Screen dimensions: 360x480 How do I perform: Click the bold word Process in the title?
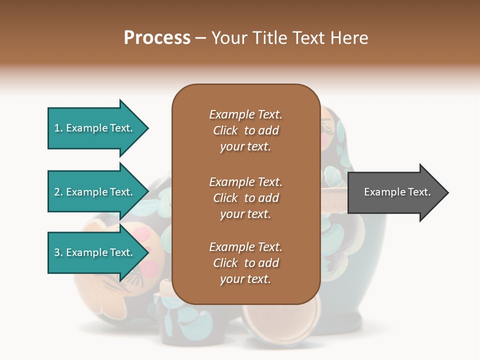tap(157, 38)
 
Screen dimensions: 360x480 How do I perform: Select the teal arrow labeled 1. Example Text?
tap(95, 128)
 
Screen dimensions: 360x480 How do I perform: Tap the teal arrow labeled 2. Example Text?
tap(95, 192)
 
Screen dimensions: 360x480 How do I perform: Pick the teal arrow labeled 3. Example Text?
tap(95, 252)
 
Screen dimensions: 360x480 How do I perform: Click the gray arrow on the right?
tap(395, 192)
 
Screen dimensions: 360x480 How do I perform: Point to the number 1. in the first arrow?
tap(58, 128)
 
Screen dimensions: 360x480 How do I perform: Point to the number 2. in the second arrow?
tap(58, 192)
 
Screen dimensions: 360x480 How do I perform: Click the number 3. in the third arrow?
tap(58, 252)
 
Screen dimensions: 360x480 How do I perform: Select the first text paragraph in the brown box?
tap(245, 130)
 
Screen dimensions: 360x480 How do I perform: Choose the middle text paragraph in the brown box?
tap(245, 197)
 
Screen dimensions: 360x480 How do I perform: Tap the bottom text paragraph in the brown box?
tap(245, 263)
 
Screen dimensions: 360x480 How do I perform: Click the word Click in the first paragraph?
tap(225, 130)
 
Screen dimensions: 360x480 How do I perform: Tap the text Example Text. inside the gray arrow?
tap(397, 192)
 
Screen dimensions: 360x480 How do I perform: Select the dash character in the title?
tap(201, 38)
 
